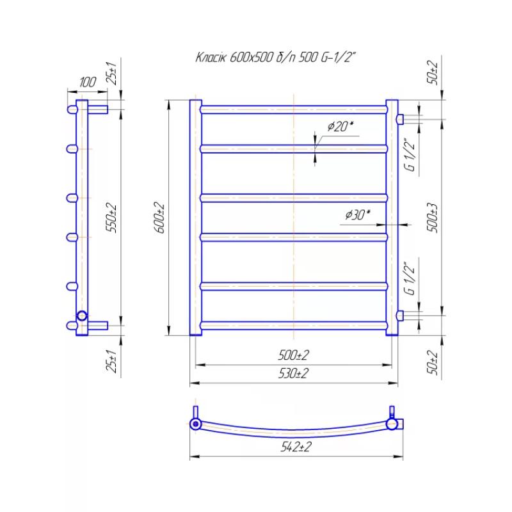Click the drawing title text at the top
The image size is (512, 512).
275,58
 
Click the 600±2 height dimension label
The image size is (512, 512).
159,217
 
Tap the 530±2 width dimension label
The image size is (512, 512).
293,373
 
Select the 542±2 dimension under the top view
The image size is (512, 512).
296,447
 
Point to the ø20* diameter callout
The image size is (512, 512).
340,126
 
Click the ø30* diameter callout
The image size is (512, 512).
358,214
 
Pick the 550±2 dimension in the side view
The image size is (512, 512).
111,218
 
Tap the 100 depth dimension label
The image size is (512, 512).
88,82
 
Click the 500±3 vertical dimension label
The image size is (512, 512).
432,218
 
